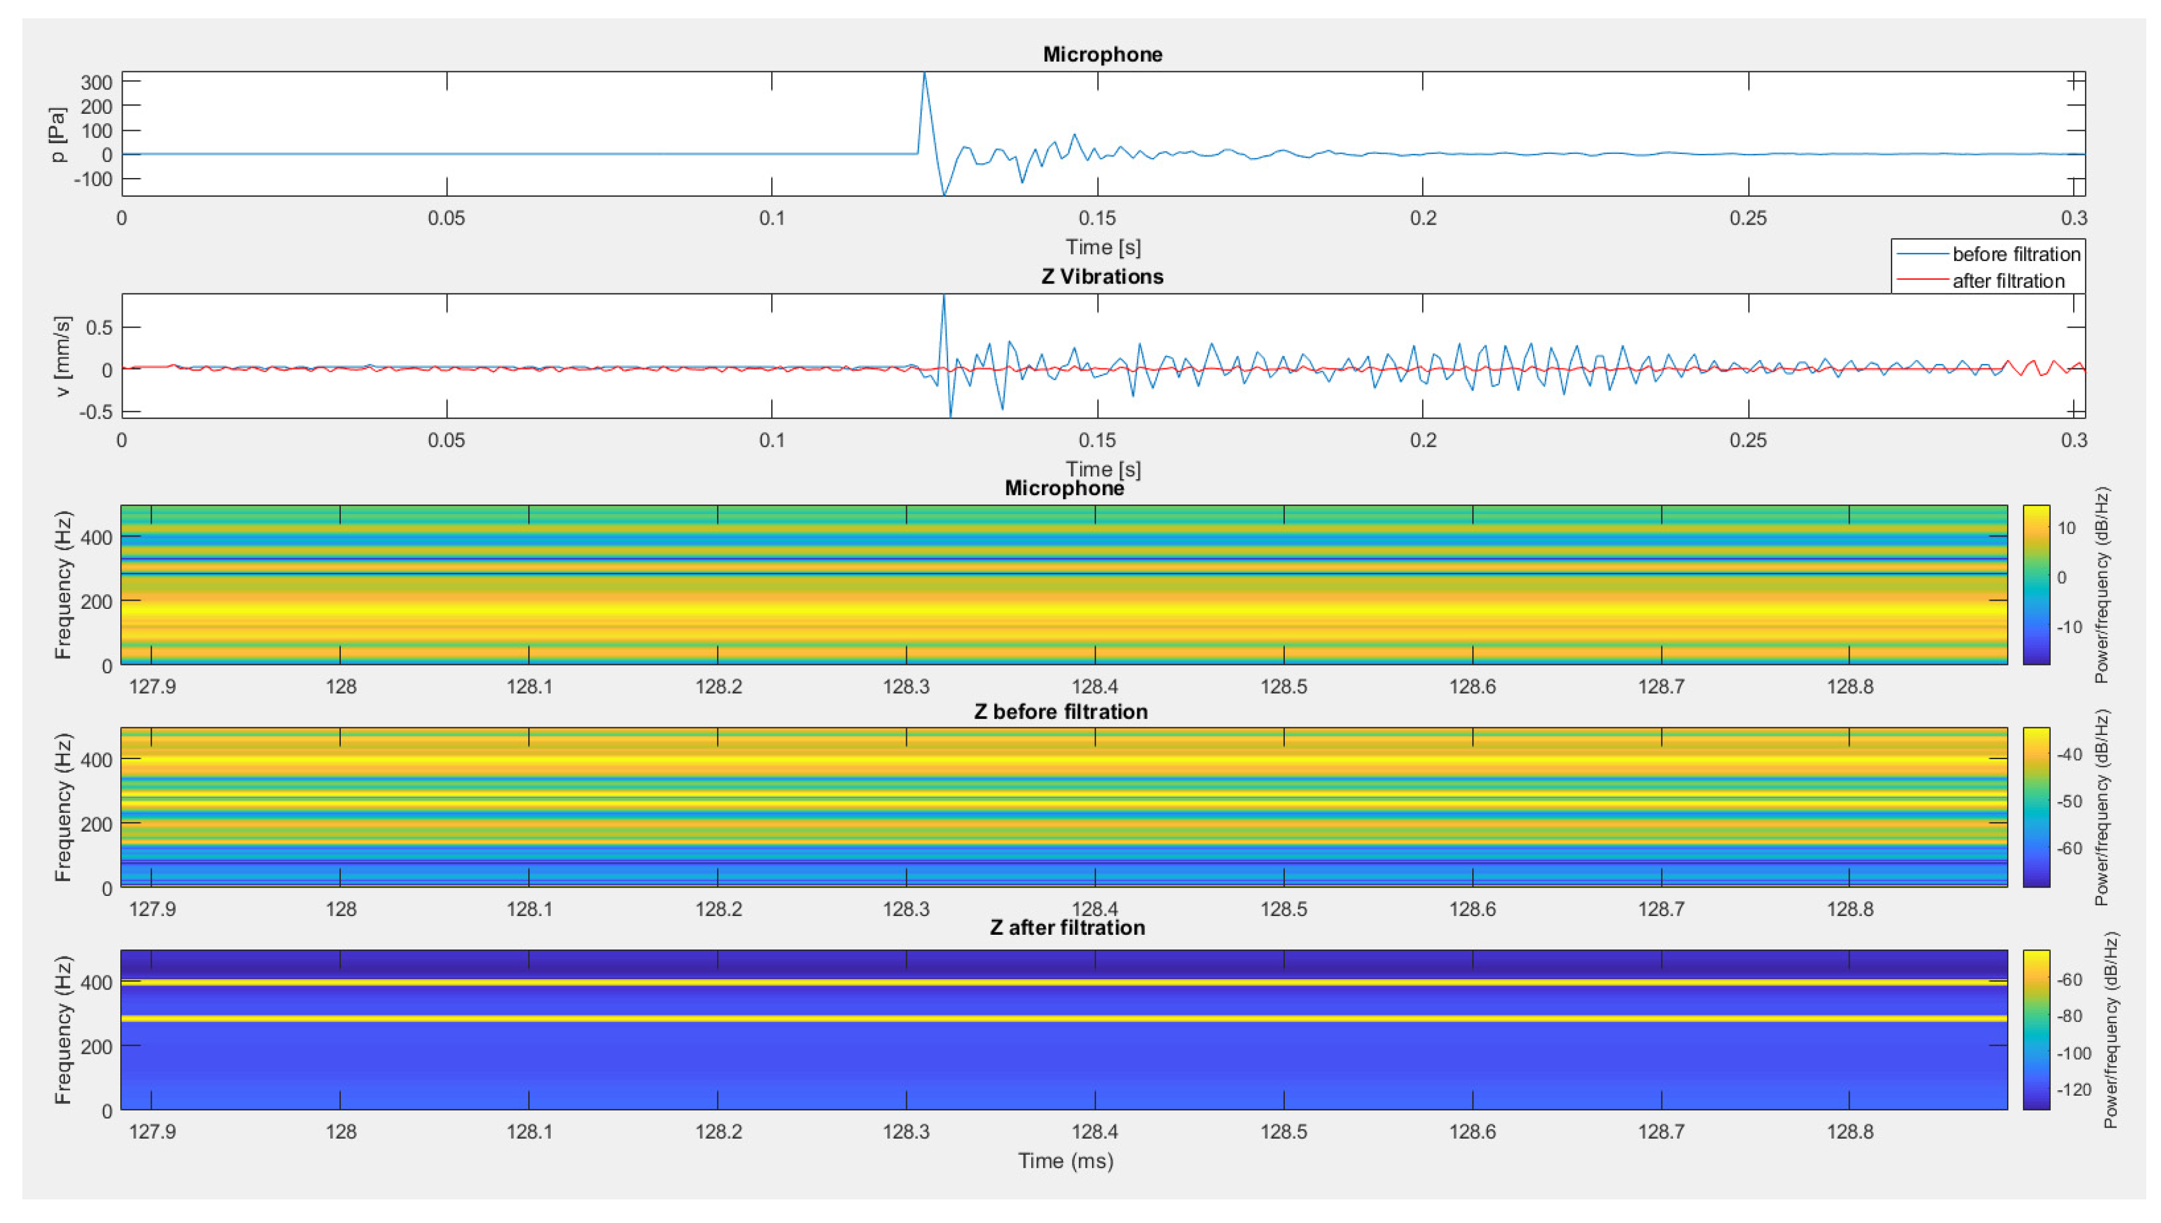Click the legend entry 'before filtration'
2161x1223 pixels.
click(x=2015, y=253)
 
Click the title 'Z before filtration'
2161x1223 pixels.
click(x=1060, y=711)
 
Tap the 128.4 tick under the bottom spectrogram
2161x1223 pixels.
click(x=1094, y=1132)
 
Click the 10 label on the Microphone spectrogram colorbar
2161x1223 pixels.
click(x=2066, y=528)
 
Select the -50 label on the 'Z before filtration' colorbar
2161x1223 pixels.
click(x=2068, y=802)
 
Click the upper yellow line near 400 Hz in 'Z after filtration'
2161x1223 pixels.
click(x=1063, y=981)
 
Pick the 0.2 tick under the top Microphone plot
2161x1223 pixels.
click(x=1422, y=217)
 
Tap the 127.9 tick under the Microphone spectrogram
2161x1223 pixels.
click(x=152, y=686)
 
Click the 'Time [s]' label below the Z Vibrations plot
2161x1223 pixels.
click(x=1103, y=468)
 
